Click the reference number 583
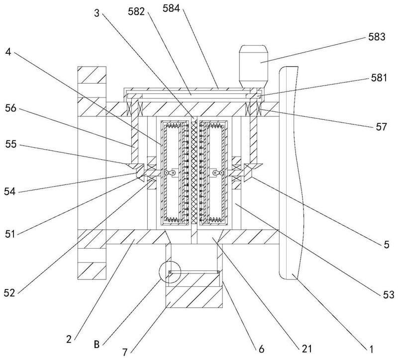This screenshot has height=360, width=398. pos(377,37)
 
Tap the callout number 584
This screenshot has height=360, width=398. pos(171,8)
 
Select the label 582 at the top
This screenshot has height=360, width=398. pos(136,11)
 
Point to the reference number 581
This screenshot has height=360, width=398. pos(379,78)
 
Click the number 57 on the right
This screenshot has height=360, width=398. pos(381,127)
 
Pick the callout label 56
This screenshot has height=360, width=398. pos(10,108)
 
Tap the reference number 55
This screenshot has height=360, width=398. pos(10,144)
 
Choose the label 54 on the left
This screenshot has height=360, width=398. pos(9,191)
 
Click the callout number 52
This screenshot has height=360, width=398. pos(9,293)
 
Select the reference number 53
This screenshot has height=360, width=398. pos(388,294)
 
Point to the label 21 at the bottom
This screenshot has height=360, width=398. pos(306,349)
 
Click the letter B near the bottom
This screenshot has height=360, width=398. pos(97,345)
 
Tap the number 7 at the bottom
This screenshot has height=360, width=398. pos(125,352)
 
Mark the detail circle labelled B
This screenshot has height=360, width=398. pos(159,271)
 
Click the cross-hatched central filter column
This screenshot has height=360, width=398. pos(194,173)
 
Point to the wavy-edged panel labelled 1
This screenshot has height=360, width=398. pos(290,173)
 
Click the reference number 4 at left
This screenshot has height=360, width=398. pos(8,52)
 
